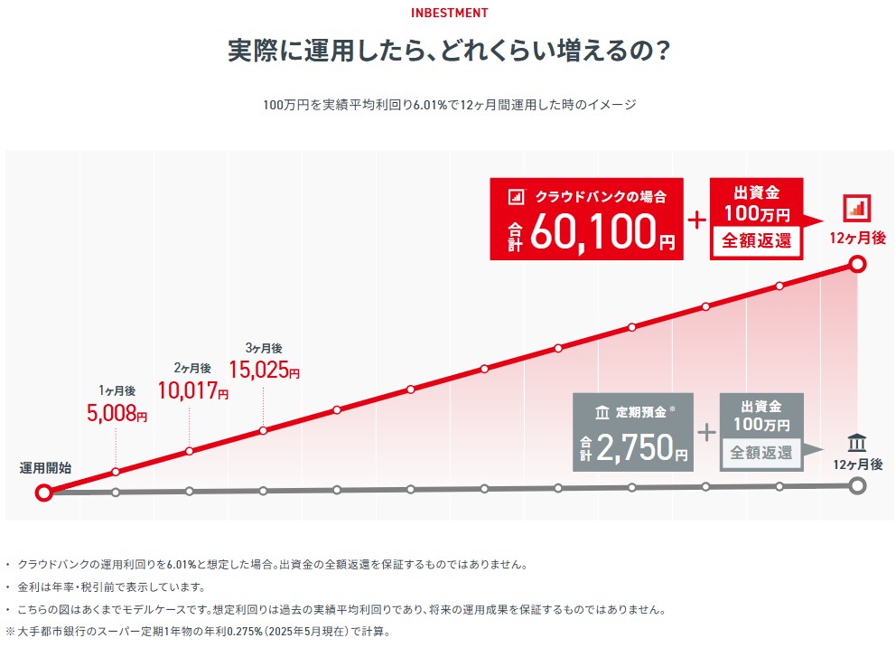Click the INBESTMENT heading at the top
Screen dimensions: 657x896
click(x=449, y=13)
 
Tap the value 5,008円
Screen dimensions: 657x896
click(x=117, y=414)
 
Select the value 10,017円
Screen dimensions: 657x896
click(x=192, y=390)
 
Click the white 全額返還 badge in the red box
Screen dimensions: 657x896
click(x=756, y=241)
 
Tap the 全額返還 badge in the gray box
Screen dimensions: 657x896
click(x=761, y=453)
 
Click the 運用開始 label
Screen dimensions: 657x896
click(x=45, y=468)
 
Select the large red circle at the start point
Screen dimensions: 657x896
click(x=43, y=493)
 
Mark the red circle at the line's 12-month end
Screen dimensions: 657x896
click(x=858, y=264)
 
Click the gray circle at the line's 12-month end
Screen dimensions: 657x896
click(x=858, y=485)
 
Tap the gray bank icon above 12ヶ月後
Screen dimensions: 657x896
click(x=857, y=443)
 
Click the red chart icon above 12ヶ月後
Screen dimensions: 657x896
click(x=857, y=208)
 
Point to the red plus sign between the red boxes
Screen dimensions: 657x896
click(x=697, y=220)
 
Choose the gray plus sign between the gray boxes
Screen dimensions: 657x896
click(x=706, y=432)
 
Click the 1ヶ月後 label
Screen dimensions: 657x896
click(x=117, y=390)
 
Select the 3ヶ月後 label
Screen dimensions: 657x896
click(x=264, y=348)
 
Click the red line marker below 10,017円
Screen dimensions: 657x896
click(x=190, y=451)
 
